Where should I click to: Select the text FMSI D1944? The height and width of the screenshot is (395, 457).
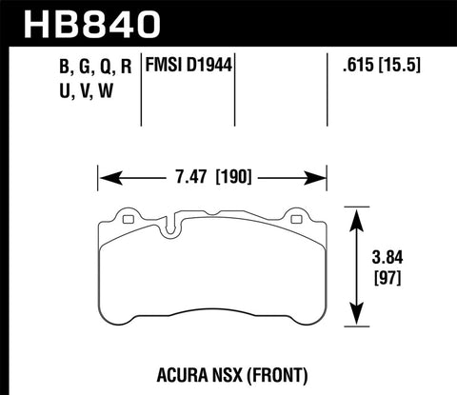188,67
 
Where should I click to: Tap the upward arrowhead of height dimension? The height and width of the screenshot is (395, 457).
358,213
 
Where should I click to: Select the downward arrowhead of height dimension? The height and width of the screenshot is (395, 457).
358,321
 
